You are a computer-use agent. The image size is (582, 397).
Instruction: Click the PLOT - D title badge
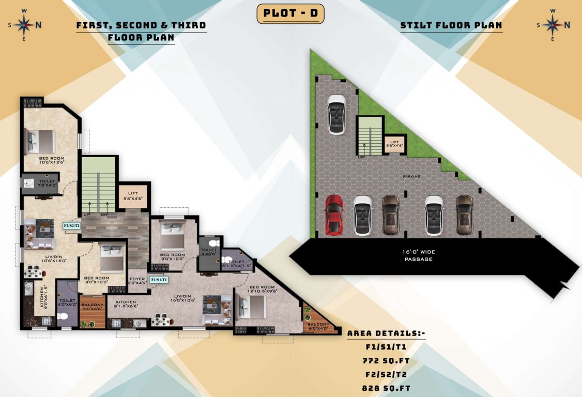290,14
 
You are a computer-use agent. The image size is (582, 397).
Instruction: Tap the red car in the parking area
334,215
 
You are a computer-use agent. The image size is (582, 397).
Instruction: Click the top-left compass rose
24,24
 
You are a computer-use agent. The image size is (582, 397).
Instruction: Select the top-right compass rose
553,24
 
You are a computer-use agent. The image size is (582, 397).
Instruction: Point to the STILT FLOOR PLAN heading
451,25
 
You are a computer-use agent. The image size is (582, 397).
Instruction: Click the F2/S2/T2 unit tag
71,226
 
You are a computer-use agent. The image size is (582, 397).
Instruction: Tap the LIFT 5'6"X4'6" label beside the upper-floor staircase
133,195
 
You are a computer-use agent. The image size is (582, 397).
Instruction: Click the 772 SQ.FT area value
386,361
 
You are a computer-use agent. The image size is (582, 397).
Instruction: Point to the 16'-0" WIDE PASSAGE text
419,255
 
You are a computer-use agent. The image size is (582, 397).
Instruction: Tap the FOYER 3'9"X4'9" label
138,280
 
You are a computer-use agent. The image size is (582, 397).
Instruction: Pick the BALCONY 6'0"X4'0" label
319,327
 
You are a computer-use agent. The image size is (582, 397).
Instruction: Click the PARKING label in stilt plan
412,176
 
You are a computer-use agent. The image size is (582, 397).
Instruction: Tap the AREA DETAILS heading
386,334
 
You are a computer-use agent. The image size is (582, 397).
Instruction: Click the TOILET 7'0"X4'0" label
46,184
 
